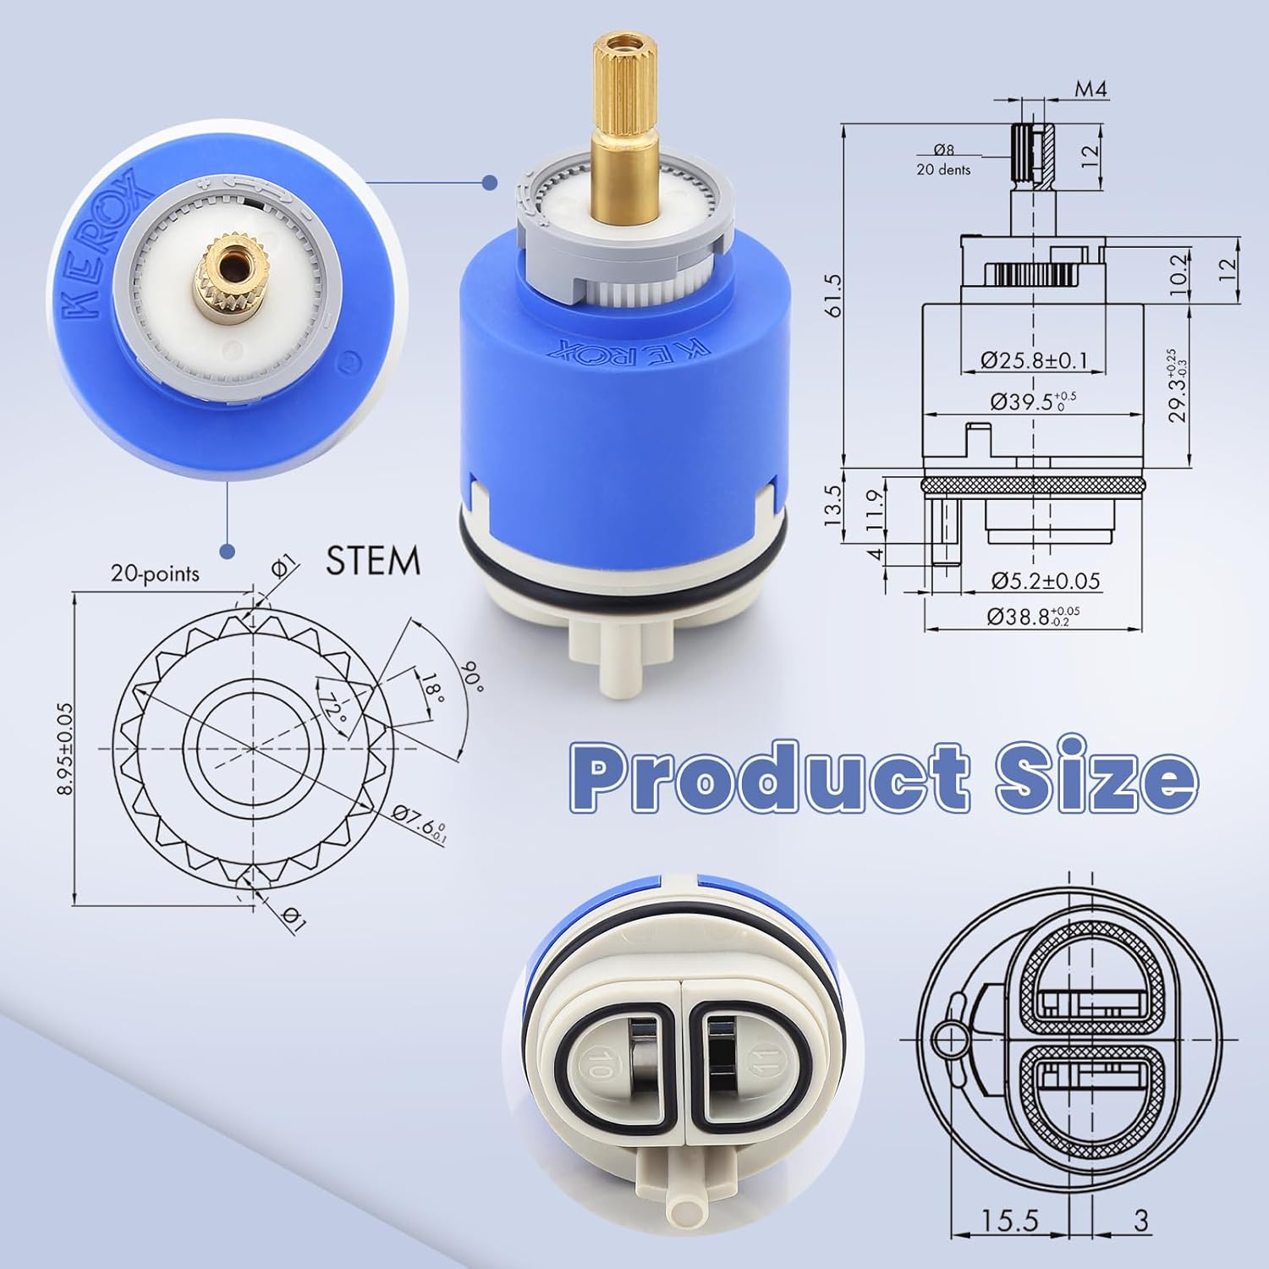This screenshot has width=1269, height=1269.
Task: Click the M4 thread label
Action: click(x=1090, y=89)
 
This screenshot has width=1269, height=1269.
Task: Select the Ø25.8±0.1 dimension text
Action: click(x=1034, y=360)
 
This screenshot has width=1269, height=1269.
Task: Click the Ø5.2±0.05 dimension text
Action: click(x=1046, y=580)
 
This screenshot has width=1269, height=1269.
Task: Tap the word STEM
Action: click(x=373, y=561)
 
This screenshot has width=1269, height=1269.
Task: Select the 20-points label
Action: click(x=155, y=574)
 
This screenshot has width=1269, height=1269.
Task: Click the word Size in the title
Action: click(x=1096, y=775)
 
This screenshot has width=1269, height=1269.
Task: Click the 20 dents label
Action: click(x=943, y=169)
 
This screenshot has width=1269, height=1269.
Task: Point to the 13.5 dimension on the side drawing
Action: click(x=834, y=505)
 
